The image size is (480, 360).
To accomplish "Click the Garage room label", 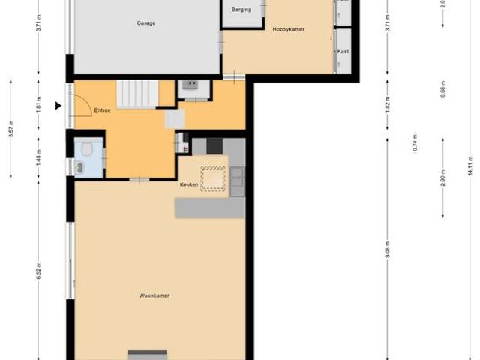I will coord(145,23).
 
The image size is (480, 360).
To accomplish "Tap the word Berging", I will coord(241,10).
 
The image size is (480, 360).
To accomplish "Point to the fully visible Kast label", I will coord(343,52).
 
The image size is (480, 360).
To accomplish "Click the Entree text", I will coord(102,110).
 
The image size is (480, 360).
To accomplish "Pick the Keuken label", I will coord(188,184).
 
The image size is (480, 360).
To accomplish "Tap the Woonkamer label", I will coord(154,295).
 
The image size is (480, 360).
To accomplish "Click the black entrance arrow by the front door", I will coord(58,106).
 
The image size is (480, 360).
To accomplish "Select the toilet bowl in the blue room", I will coord(87,149).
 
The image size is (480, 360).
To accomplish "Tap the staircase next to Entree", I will coord(137,94).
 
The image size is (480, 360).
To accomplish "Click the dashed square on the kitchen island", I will coord(213,179).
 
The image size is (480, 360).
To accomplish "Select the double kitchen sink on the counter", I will coord(237,177).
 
